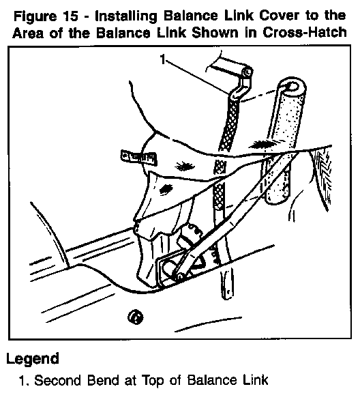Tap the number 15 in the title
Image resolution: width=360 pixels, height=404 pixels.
coord(70,16)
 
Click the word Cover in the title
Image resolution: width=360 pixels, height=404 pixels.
coord(279,16)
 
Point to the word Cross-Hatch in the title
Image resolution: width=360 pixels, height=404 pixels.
coord(305,33)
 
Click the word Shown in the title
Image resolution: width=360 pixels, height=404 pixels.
coord(215,33)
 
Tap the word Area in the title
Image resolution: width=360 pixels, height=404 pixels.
coord(28,33)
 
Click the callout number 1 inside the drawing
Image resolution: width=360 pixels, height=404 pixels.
coord(162,59)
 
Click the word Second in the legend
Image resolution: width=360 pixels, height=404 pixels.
coord(58,380)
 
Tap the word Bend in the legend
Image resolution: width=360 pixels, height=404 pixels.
coord(103,380)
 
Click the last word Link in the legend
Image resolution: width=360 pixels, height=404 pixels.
coord(255,380)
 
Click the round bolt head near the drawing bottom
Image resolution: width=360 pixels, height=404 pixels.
coord(136,317)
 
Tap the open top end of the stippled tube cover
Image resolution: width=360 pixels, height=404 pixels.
coord(292,86)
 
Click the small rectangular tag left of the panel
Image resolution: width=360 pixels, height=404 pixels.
coord(139,158)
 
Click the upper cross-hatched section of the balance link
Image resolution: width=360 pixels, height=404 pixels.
coord(228,125)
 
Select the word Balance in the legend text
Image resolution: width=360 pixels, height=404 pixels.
coord(212,380)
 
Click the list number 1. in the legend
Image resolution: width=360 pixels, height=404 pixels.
coord(24,381)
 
